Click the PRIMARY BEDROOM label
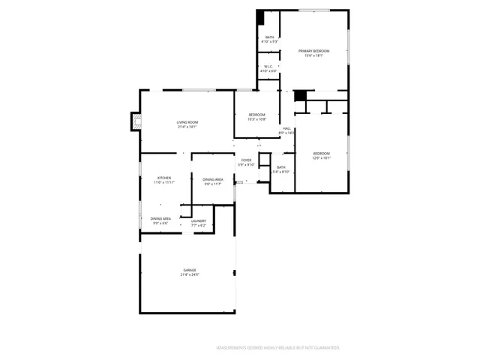[314, 51]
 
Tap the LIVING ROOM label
[187, 122]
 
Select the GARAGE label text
[189, 270]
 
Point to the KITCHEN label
[163, 178]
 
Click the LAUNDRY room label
[198, 220]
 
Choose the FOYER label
[246, 160]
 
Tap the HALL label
[286, 128]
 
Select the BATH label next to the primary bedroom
[269, 37]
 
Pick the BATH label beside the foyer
[280, 167]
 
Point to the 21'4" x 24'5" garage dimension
[189, 274]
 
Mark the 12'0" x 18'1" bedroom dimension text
[322, 157]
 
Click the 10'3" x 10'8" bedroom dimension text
[257, 118]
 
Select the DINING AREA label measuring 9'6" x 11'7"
[212, 179]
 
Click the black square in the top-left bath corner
[260, 16]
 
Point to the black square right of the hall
[300, 95]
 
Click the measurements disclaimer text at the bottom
[277, 347]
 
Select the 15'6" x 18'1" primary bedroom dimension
[314, 55]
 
